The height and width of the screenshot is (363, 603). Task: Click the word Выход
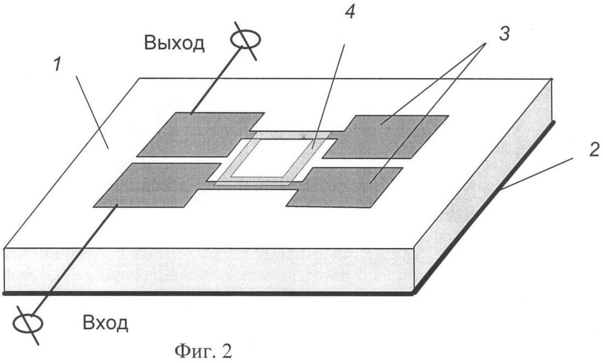pyautogui.click(x=174, y=43)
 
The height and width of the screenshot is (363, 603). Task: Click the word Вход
pyautogui.click(x=105, y=324)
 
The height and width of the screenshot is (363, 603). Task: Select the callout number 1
pyautogui.click(x=57, y=65)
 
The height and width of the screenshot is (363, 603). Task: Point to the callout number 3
pyautogui.click(x=504, y=34)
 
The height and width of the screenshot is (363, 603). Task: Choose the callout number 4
pyautogui.click(x=350, y=12)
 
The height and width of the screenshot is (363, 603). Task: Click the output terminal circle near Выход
pyautogui.click(x=246, y=39)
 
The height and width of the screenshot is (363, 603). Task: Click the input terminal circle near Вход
pyautogui.click(x=28, y=323)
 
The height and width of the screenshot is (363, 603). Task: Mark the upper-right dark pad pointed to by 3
pyautogui.click(x=385, y=137)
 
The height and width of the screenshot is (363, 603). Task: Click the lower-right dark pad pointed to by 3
pyautogui.click(x=344, y=188)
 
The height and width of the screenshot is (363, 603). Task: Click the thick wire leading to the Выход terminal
pyautogui.click(x=217, y=80)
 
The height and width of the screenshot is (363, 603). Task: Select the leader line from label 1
pyautogui.click(x=92, y=112)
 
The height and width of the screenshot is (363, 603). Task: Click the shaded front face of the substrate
pyautogui.click(x=208, y=271)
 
